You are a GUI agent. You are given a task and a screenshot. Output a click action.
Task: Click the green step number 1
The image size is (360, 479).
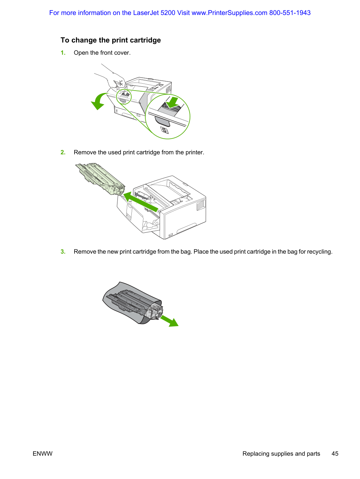tap(63, 53)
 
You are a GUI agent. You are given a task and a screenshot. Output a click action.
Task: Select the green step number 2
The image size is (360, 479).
tap(63, 152)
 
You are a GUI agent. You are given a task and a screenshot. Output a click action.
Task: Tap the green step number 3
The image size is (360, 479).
tap(63, 252)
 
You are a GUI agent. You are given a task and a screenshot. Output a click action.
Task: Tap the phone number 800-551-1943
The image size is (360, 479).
tap(290, 13)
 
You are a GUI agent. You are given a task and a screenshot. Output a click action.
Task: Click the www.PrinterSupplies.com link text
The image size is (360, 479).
tap(229, 13)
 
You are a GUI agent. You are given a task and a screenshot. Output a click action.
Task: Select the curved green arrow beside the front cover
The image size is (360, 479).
tap(98, 101)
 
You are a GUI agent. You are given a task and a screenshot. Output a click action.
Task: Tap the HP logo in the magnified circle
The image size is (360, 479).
tap(164, 130)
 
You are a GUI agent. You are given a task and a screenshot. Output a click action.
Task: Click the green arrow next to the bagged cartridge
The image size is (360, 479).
tap(169, 321)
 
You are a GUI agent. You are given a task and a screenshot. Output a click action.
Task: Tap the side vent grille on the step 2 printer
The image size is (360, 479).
tap(201, 205)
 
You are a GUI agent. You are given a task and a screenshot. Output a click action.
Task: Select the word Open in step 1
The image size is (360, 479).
tap(81, 53)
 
